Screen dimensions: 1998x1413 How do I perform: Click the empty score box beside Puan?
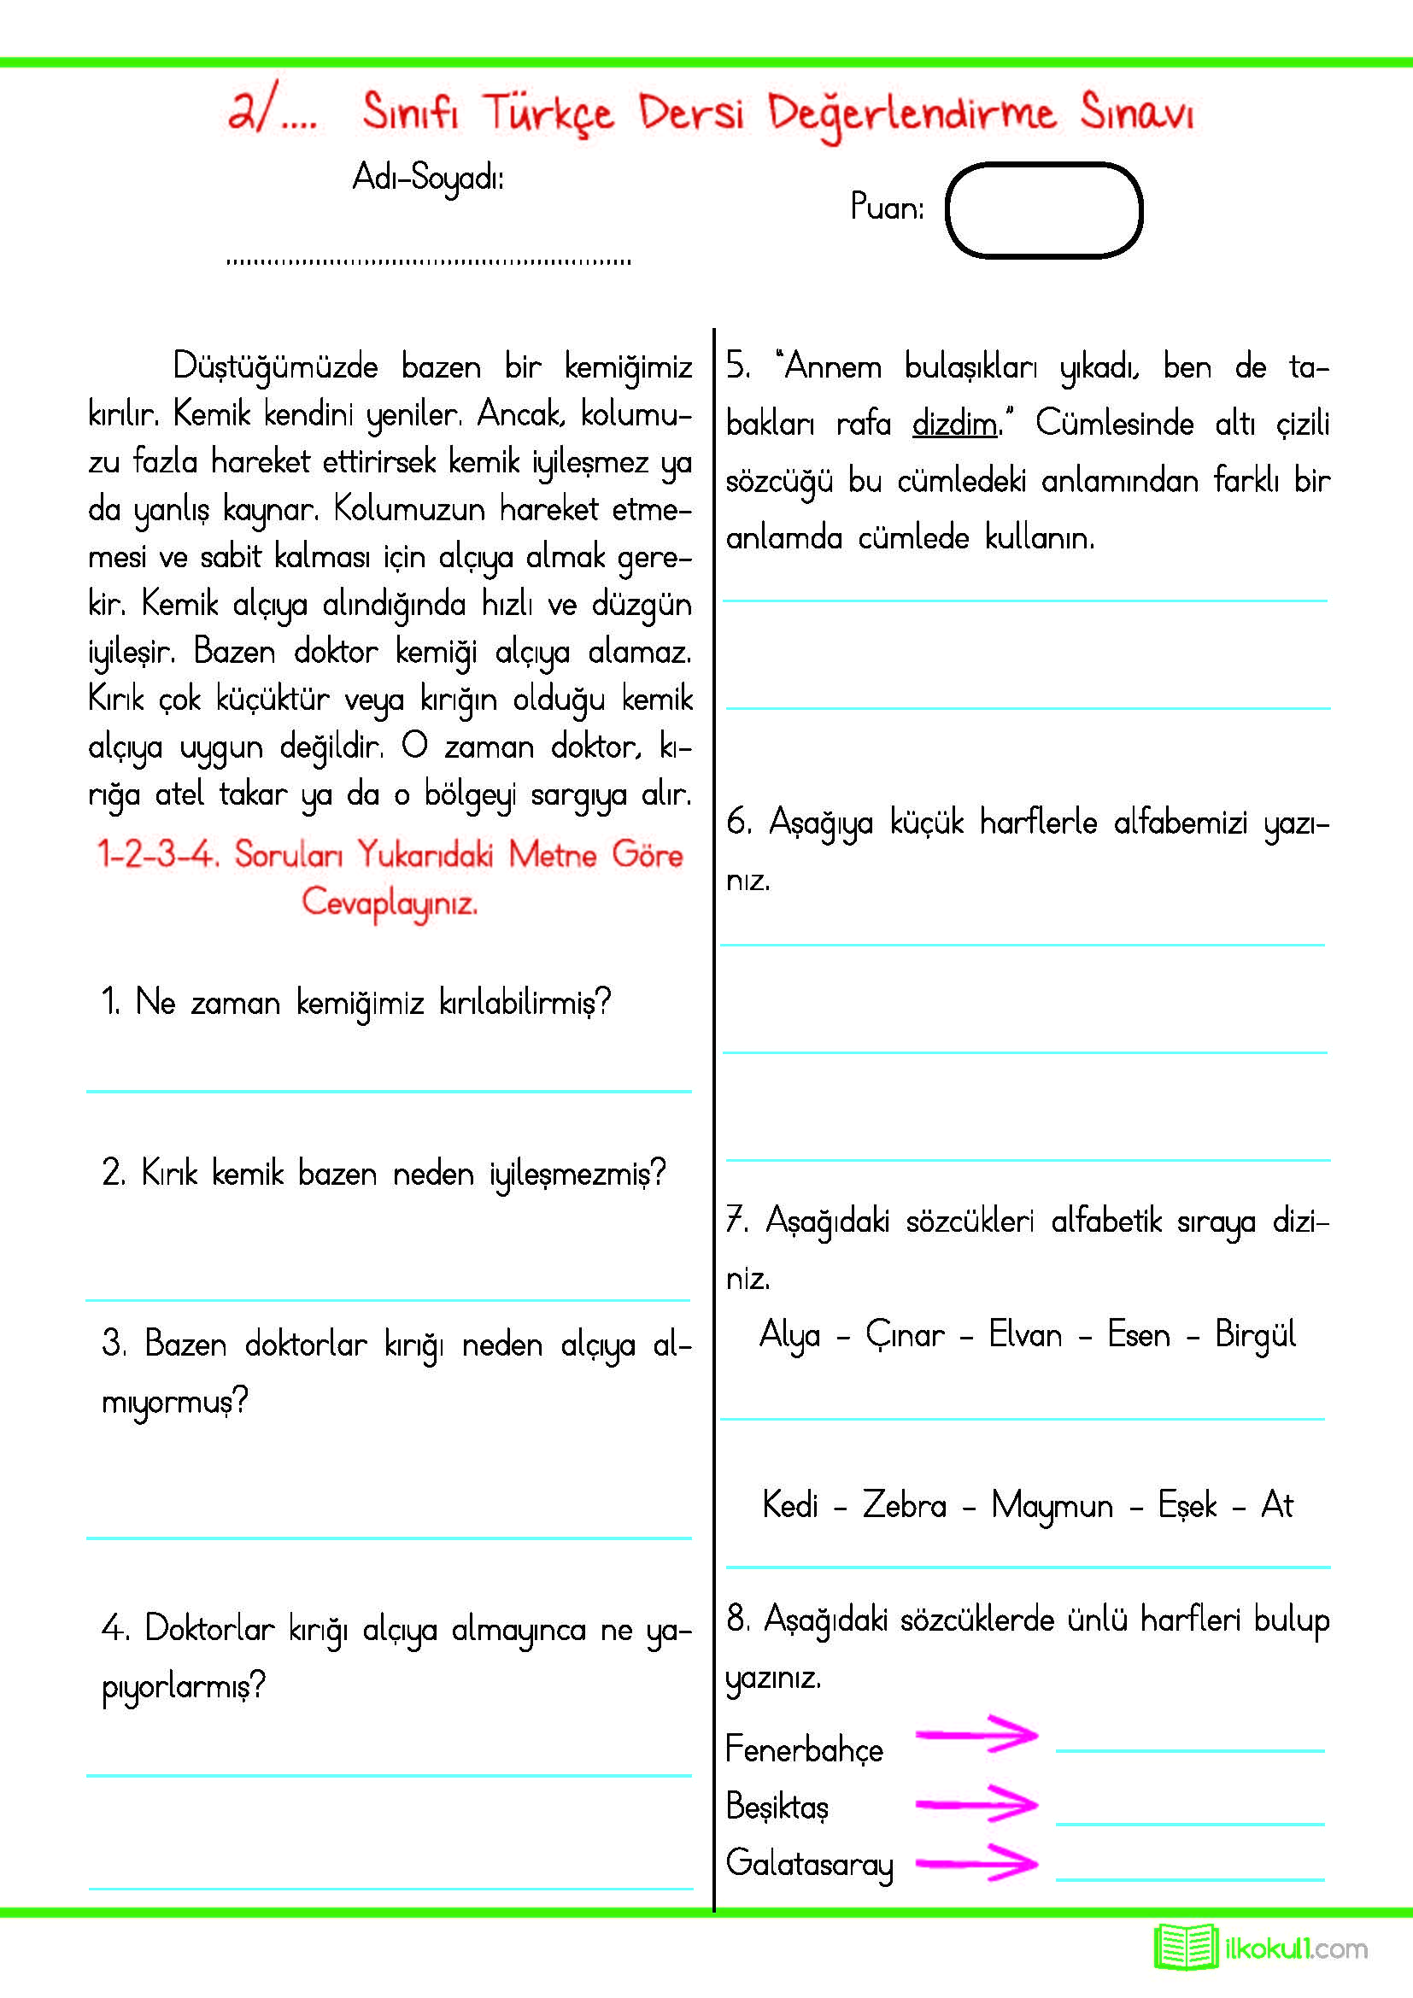(1043, 211)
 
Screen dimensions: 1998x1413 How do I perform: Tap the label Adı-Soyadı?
(428, 179)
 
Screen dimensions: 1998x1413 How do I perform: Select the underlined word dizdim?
(954, 425)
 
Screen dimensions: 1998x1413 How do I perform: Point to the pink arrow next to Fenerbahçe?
(976, 1734)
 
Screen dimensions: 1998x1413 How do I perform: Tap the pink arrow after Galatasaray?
(976, 1862)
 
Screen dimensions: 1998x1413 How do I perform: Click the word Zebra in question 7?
(904, 1505)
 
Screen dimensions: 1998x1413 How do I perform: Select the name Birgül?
(1255, 1335)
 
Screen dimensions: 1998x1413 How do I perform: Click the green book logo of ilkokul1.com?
(1185, 1948)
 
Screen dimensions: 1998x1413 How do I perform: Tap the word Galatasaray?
(809, 1864)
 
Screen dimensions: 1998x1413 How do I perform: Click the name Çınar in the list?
(905, 1335)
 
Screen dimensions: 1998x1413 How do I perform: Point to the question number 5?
(738, 366)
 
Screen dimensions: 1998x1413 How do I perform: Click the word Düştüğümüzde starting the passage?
(275, 367)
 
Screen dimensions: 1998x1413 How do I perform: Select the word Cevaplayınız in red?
(390, 902)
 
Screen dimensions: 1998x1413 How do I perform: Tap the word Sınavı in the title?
(1136, 113)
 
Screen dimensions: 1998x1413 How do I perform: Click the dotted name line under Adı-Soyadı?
(428, 261)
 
